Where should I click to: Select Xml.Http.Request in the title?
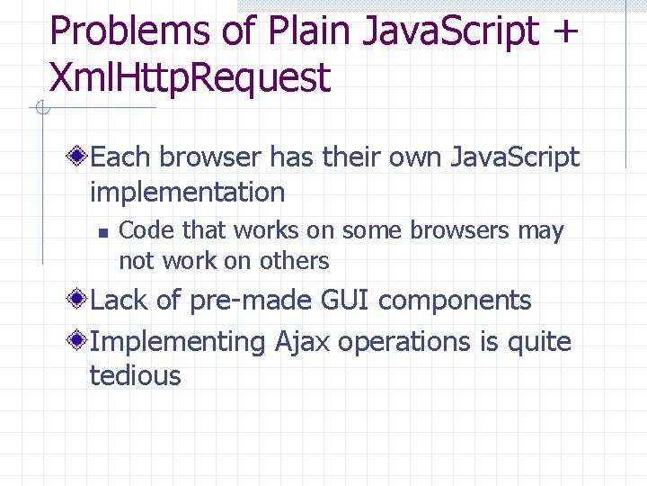click(191, 79)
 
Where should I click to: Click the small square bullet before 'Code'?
click(102, 233)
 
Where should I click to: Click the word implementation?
click(187, 192)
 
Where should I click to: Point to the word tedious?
click(135, 375)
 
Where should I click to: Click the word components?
click(455, 301)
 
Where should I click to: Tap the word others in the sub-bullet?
click(294, 261)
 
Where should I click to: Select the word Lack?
click(120, 301)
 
